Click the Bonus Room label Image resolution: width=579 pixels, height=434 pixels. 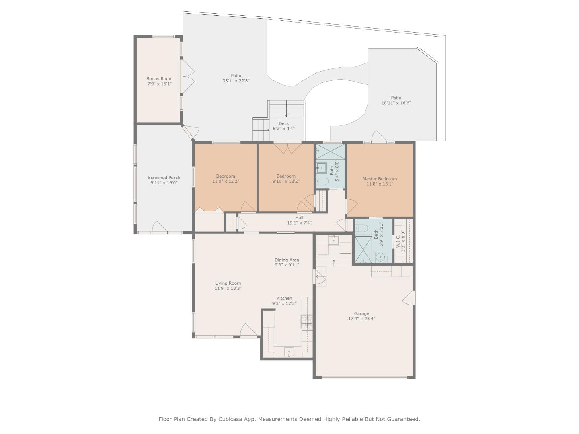[x=159, y=78]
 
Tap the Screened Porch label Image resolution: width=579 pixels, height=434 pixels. [x=164, y=178]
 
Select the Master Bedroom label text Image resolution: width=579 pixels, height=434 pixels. [x=380, y=179]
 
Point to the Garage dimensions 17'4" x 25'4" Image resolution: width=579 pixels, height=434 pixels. [x=361, y=319]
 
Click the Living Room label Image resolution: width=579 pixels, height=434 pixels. [x=228, y=283]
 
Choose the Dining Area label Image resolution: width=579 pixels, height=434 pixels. [x=287, y=260]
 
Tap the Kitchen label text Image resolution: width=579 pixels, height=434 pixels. [x=284, y=298]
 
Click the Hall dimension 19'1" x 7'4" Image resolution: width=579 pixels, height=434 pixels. [x=299, y=223]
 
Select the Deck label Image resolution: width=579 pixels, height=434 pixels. [x=284, y=123]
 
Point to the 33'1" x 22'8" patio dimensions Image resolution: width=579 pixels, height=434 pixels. [x=236, y=81]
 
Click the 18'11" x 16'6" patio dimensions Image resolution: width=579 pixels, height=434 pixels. [x=396, y=103]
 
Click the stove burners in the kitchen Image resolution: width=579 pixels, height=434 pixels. [x=307, y=322]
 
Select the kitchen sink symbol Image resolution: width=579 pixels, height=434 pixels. [x=289, y=352]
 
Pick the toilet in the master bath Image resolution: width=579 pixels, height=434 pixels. [x=361, y=228]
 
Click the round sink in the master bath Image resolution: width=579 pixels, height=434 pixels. [x=380, y=257]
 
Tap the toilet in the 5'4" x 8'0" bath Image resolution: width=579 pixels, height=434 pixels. [x=322, y=181]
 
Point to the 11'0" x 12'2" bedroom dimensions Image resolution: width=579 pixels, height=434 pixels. [x=226, y=181]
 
